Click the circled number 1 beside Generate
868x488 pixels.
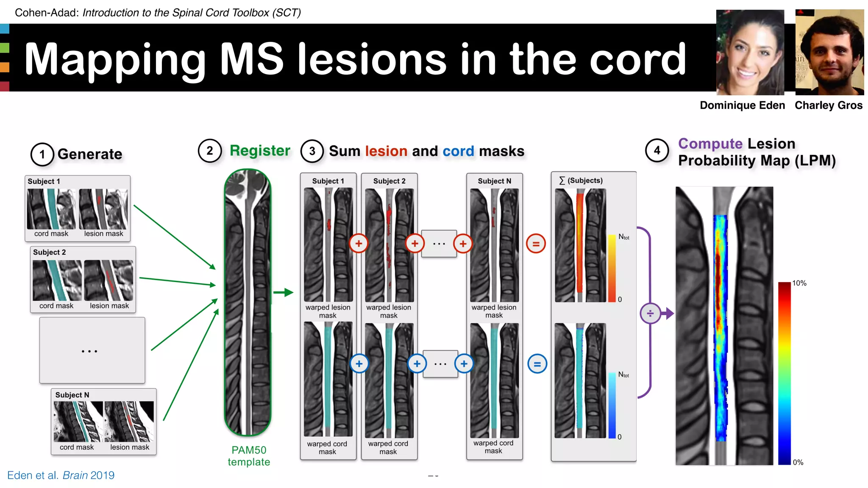click(42, 155)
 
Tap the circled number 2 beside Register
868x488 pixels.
click(210, 151)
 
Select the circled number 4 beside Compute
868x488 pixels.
click(657, 150)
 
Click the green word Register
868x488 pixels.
click(260, 151)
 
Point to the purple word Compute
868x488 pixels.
click(710, 144)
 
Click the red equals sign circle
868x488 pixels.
click(536, 244)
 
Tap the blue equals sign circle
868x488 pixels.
click(537, 364)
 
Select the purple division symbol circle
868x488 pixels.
click(650, 313)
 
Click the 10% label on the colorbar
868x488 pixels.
click(799, 283)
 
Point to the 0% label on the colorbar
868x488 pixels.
click(798, 462)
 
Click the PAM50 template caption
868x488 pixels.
click(249, 456)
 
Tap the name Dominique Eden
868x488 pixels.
click(742, 105)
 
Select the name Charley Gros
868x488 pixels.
click(828, 105)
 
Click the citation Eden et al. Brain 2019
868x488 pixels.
click(61, 475)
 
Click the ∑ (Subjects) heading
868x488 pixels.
click(581, 180)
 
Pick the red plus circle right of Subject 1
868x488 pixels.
click(359, 244)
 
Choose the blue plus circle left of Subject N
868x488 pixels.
click(464, 363)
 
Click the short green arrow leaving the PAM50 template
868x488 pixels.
click(283, 292)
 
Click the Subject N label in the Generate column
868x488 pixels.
click(72, 395)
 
